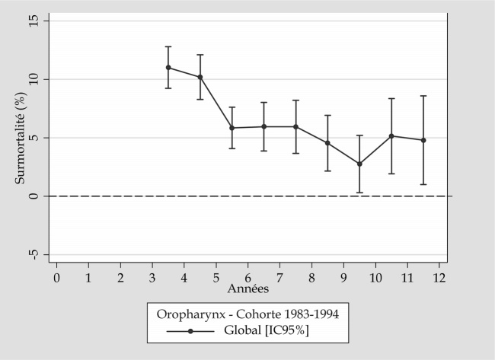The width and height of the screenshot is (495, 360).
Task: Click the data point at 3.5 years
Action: point(168,67)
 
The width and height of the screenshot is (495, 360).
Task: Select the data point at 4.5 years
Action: point(200,77)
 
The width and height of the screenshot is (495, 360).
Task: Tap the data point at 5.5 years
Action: point(232,128)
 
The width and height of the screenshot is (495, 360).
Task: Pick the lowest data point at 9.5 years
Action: point(359,164)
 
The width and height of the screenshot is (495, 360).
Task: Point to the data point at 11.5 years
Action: point(423,140)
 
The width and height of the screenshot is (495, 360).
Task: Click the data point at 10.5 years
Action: point(391,136)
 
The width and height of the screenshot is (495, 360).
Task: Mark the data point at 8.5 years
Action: point(327,142)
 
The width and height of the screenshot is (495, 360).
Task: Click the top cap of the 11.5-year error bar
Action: point(423,96)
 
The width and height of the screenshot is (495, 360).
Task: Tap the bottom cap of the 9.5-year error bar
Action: point(359,193)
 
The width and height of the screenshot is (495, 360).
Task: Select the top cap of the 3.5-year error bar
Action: point(168,46)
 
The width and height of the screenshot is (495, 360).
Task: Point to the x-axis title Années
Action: point(247,289)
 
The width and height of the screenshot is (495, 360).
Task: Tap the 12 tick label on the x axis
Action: point(439,278)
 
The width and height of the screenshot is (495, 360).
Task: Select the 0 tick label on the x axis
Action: point(56,278)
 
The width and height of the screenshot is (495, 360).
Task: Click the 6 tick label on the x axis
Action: point(248,278)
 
